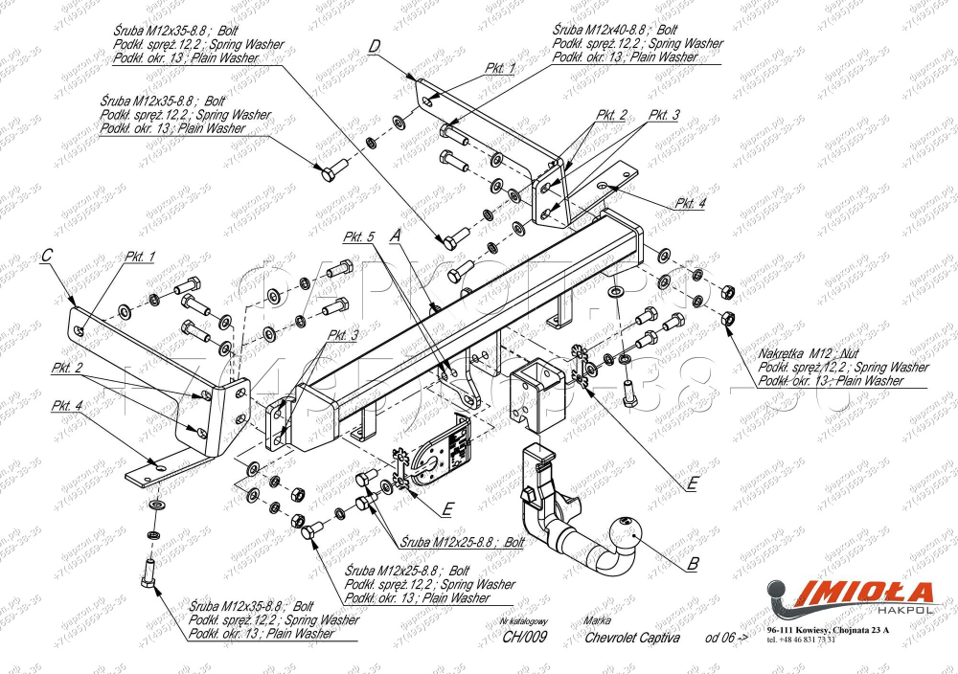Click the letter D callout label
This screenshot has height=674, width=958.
pos(375,46)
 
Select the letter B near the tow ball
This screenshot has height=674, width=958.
pos(693,563)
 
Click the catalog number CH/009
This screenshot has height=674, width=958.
pos(523,639)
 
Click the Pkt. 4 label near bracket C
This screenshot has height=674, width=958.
pos(68,404)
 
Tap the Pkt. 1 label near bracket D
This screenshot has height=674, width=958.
pos(500,68)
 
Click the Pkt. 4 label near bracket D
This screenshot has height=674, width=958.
pos(690,203)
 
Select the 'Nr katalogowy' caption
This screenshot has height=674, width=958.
pos(523,621)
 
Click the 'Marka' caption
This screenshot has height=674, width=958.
pos(597,621)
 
